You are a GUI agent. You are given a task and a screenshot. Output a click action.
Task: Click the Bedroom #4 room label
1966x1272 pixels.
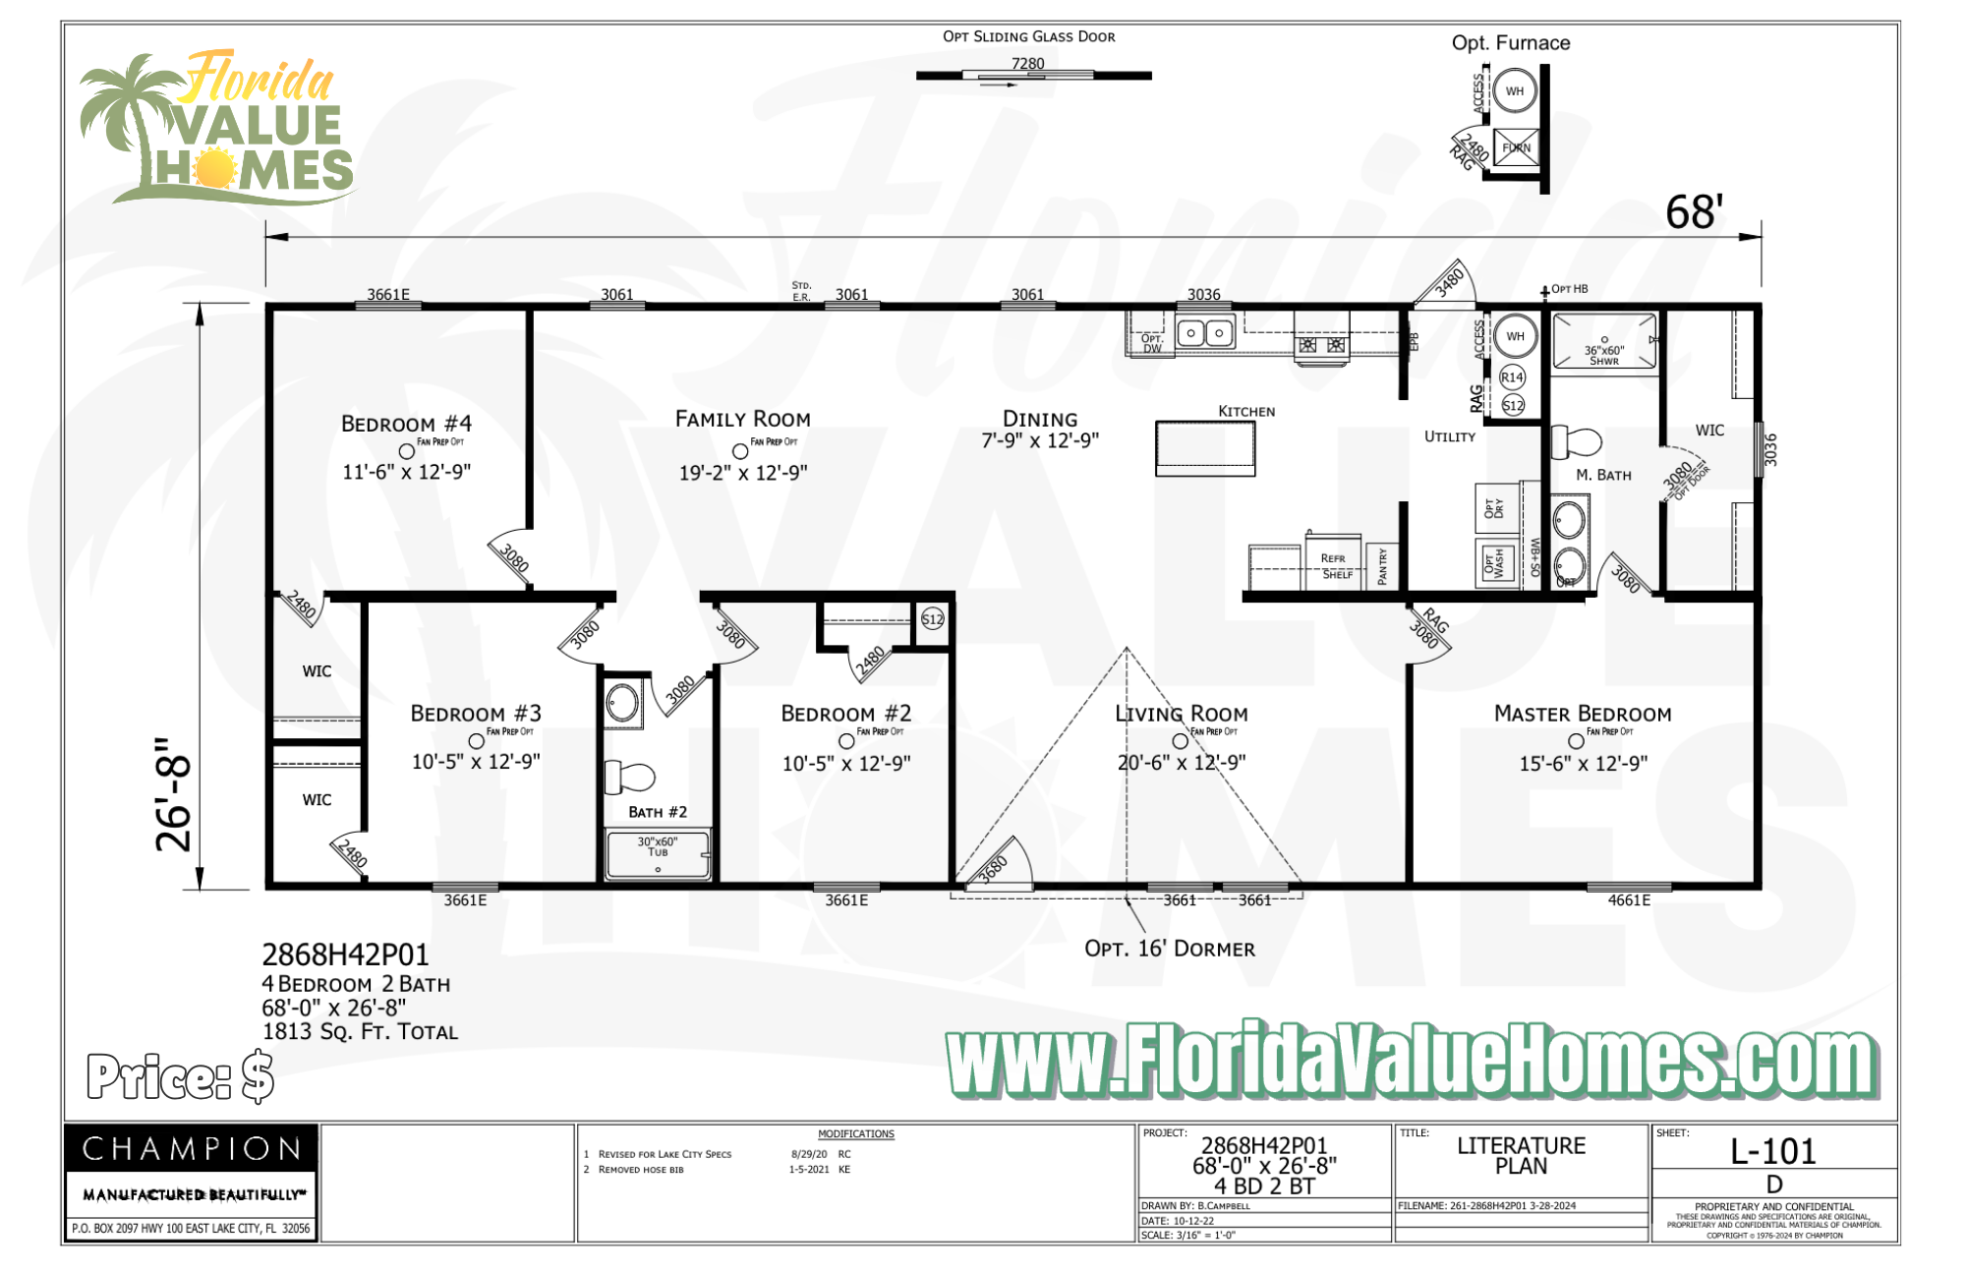coord(406,424)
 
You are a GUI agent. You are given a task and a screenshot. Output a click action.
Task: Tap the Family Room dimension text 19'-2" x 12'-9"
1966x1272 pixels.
coord(743,473)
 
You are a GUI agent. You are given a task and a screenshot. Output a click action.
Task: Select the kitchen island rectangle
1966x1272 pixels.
coord(1205,448)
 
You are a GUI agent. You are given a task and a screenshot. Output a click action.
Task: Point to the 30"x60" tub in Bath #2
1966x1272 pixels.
coord(658,855)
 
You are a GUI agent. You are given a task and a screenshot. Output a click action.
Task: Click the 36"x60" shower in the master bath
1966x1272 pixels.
coord(1604,342)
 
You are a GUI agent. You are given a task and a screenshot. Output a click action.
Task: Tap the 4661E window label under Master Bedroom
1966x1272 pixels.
coord(1629,900)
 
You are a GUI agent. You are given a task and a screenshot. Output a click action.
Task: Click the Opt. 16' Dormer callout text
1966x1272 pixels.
coord(1170,949)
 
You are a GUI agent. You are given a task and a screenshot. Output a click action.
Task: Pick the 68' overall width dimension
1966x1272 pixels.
coord(1694,212)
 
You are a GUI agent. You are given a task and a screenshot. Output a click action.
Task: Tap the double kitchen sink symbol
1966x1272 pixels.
coord(1205,333)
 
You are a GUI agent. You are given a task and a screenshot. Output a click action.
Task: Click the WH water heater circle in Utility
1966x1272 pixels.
coord(1516,336)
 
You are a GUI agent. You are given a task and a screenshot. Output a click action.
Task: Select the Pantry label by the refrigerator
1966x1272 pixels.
coord(1383,566)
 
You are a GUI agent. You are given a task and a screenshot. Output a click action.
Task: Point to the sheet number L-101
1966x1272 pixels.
coord(1773,1151)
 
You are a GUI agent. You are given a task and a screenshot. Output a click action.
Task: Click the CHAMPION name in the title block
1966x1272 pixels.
coord(192,1148)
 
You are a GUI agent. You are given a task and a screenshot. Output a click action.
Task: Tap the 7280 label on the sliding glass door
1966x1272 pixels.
coord(1028,64)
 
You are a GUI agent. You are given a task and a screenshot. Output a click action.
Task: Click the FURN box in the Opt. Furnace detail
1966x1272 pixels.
coord(1516,147)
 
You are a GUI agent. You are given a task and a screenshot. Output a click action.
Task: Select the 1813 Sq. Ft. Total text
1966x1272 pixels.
coord(360,1032)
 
